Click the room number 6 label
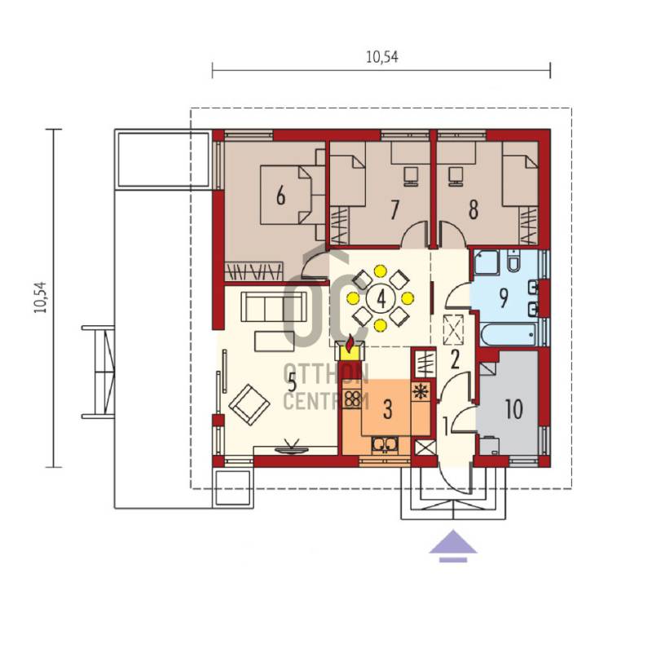point(280,196)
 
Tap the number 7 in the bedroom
point(394,209)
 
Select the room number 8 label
point(474,209)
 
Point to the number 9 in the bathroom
point(504,297)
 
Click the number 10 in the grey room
point(514,409)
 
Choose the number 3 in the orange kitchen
point(388,409)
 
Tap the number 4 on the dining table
point(381,297)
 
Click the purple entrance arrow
point(453,546)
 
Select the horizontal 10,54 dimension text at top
point(381,56)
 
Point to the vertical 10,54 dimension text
point(41,297)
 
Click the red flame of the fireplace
point(350,343)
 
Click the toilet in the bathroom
point(513,261)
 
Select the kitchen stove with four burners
point(353,399)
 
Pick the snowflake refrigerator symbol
point(421,392)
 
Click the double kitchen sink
point(385,444)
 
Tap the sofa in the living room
point(274,306)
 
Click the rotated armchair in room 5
point(249,404)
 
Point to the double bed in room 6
point(287,195)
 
